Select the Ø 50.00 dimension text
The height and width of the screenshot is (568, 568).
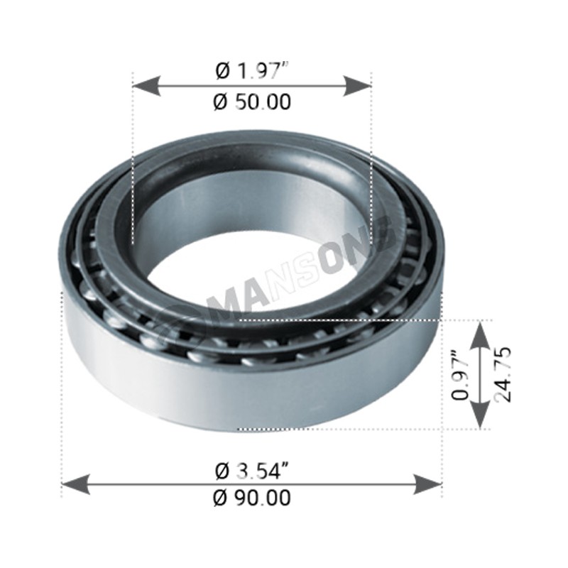click(x=252, y=102)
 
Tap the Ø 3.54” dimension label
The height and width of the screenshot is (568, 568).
click(x=252, y=471)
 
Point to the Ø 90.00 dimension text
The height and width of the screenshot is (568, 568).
click(x=252, y=498)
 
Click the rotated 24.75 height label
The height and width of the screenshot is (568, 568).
click(x=503, y=374)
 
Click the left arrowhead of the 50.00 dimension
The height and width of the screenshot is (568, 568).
click(x=147, y=86)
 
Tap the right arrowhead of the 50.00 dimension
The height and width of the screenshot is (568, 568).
click(x=357, y=86)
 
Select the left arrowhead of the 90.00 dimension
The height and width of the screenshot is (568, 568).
click(x=76, y=484)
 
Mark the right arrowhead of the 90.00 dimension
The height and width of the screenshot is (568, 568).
click(x=428, y=484)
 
